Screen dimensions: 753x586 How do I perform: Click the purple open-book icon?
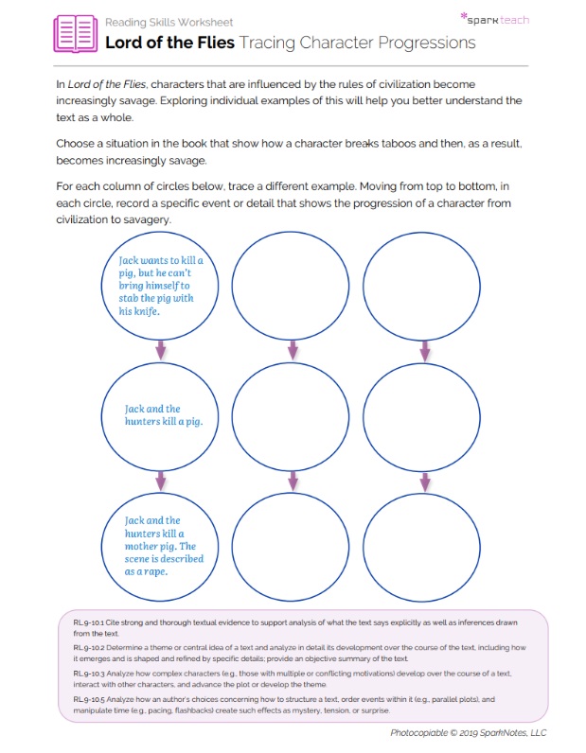tap(75, 33)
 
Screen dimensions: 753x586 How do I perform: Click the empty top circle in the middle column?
tap(291, 285)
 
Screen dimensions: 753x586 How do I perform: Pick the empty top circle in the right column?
tap(423, 285)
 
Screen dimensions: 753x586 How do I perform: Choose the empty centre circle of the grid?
tap(291, 414)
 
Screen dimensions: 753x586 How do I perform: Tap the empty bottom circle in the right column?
tap(423, 545)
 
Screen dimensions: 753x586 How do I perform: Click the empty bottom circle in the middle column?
tap(291, 545)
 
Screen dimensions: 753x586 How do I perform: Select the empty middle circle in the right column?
tap(423, 414)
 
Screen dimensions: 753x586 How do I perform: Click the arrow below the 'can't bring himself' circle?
tap(160, 351)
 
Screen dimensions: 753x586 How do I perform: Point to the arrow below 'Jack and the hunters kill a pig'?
tap(160, 481)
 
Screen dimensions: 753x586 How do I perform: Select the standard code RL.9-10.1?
tap(91, 622)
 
